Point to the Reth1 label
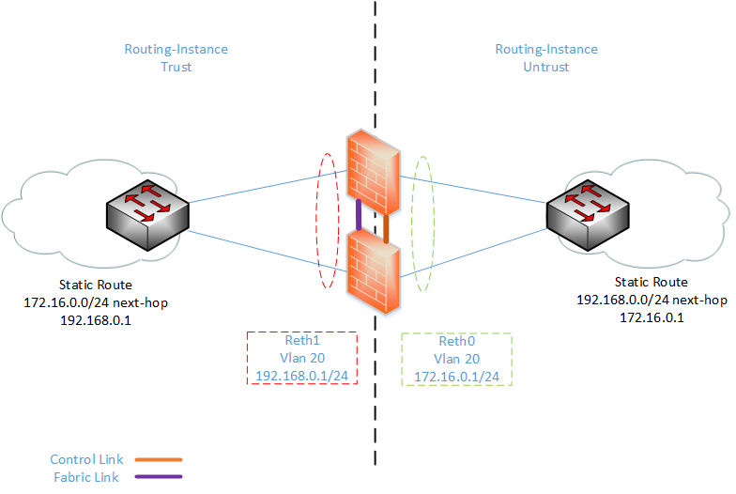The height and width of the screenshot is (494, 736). tap(301, 342)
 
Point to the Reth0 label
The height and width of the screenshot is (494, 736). tap(456, 342)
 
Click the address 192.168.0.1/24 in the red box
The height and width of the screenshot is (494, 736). tap(301, 376)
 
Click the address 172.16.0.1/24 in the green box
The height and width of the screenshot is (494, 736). tap(456, 376)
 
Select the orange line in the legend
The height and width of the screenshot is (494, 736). tap(159, 460)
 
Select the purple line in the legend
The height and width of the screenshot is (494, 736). tap(159, 476)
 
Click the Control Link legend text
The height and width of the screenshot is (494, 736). tap(87, 460)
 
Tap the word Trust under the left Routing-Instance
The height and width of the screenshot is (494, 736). tap(176, 67)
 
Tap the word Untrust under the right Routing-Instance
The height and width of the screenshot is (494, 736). tap(546, 67)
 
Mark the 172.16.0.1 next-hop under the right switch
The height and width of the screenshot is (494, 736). tap(651, 317)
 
